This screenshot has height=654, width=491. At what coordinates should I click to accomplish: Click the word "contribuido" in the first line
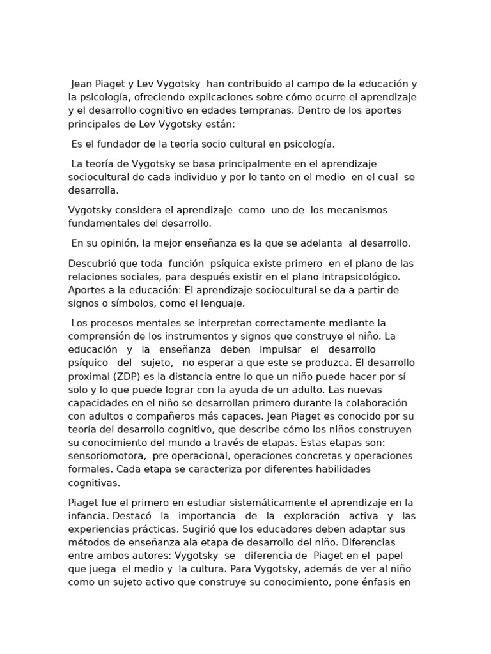click(234, 84)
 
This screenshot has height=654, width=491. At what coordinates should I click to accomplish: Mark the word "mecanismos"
click(355, 210)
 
